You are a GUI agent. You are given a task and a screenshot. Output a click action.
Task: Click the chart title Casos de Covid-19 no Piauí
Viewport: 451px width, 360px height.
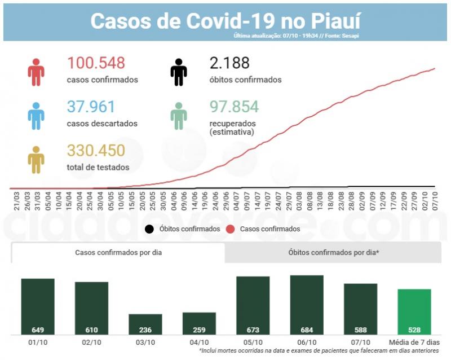pyautogui.click(x=225, y=20)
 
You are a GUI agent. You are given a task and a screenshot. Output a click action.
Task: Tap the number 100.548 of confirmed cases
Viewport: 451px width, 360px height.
pyautogui.click(x=96, y=63)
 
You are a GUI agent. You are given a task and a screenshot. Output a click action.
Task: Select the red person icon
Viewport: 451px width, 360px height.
pyautogui.click(x=36, y=72)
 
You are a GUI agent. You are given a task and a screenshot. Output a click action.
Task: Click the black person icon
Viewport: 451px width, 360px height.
pyautogui.click(x=179, y=72)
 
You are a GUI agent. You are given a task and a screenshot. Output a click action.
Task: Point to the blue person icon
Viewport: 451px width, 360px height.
pyautogui.click(x=36, y=116)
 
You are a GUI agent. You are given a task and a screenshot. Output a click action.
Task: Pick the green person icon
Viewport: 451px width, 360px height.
pyautogui.click(x=179, y=116)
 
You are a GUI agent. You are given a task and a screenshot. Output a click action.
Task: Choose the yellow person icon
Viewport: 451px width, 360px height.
pyautogui.click(x=36, y=160)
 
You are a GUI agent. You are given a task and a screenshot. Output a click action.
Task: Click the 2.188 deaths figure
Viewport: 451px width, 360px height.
pyautogui.click(x=229, y=63)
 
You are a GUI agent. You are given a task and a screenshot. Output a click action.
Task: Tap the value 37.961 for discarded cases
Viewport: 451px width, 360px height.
pyautogui.click(x=91, y=107)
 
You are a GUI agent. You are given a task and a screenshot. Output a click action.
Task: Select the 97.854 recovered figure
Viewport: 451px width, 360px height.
pyautogui.click(x=234, y=107)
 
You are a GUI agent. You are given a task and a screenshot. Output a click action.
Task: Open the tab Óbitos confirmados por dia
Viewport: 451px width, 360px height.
pyautogui.click(x=333, y=252)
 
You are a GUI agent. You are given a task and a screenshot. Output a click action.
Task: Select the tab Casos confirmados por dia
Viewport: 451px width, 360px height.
pyautogui.click(x=118, y=252)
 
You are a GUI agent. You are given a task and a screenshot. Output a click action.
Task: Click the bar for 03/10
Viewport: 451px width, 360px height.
pyautogui.click(x=145, y=324)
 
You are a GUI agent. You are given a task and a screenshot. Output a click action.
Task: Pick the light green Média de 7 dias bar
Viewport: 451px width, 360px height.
pyautogui.click(x=414, y=311)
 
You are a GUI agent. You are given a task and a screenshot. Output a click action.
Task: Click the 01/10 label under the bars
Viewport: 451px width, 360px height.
pyautogui.click(x=37, y=342)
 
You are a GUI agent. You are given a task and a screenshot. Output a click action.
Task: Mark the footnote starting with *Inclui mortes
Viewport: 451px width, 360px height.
pyautogui.click(x=319, y=351)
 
